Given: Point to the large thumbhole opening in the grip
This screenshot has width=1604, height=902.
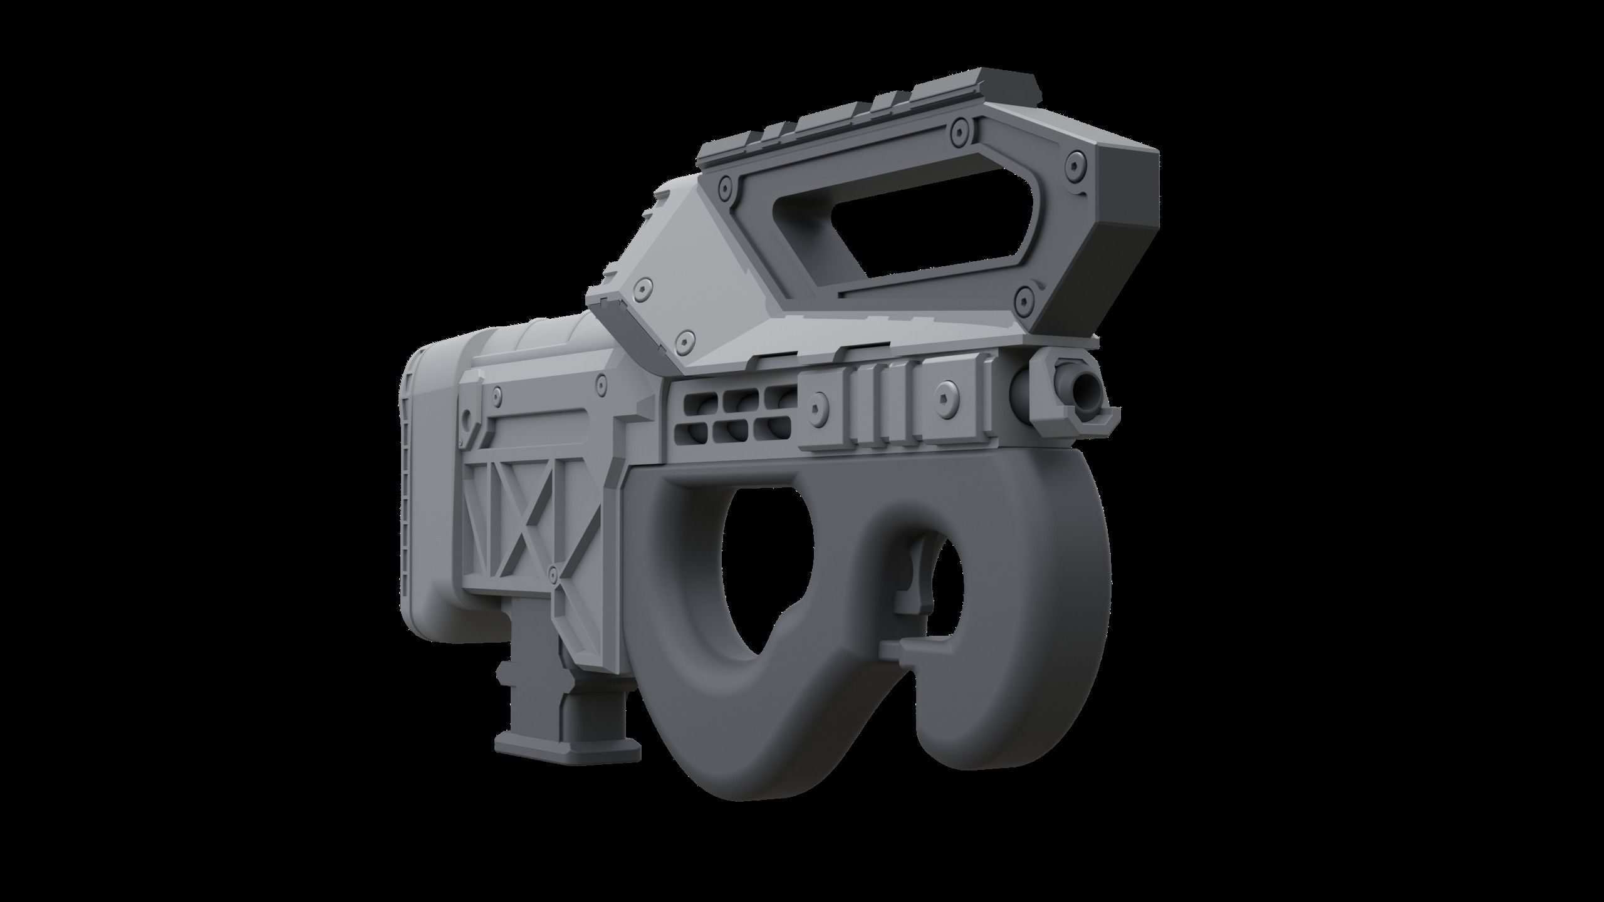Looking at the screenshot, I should coord(777,576).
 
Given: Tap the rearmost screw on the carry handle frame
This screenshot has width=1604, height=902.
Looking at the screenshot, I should coord(726,187).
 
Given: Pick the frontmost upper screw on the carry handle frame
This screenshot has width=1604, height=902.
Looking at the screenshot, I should coord(1075,165).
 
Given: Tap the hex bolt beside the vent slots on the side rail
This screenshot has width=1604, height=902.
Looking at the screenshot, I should coord(815,409).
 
